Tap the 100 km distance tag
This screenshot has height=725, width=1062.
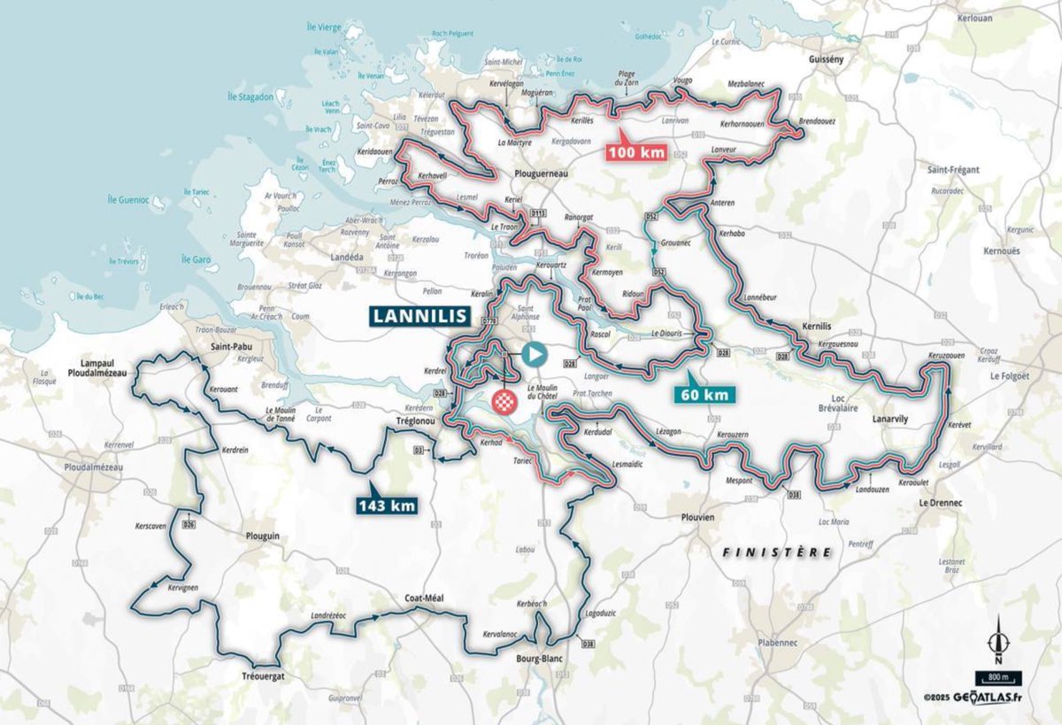pos(635,151)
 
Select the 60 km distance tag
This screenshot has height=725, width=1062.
pos(705,395)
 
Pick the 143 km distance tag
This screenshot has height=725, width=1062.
pos(386,505)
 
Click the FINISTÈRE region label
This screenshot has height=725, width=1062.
pos(777,551)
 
